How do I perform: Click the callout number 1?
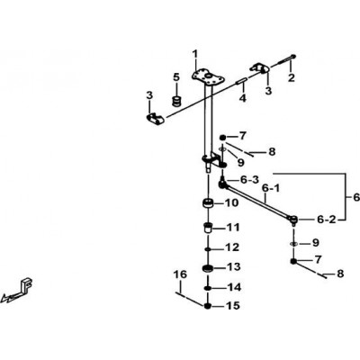195,55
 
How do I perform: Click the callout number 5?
176,77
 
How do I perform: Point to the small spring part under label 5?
177,101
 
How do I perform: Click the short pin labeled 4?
242,81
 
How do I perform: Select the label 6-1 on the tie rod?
271,189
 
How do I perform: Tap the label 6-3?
249,180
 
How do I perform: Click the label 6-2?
327,220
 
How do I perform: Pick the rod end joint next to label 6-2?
293,220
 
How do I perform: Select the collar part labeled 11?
208,228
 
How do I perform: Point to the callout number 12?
233,247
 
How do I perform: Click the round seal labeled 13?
208,268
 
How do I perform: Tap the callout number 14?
234,287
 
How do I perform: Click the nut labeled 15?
208,306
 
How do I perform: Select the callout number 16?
180,274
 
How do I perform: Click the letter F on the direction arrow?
26,284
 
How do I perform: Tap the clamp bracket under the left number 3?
156,119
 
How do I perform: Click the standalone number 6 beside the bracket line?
356,197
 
